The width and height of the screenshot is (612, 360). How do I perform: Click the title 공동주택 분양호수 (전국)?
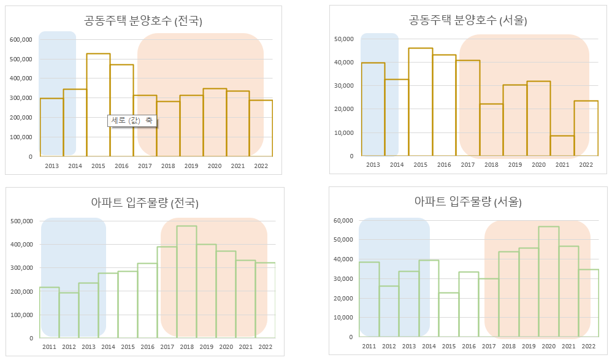point(143,21)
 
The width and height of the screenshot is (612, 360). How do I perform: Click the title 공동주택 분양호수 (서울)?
point(468,20)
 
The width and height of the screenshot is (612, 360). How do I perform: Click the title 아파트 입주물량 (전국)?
point(144,203)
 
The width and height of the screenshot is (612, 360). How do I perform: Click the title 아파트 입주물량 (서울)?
point(468,202)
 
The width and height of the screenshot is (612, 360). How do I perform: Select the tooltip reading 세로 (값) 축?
point(132,121)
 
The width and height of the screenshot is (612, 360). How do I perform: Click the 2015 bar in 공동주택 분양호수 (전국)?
point(98,104)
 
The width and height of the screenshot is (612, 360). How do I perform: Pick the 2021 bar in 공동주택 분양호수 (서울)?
point(562,146)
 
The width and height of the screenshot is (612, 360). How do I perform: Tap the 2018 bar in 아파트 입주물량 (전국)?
point(186,281)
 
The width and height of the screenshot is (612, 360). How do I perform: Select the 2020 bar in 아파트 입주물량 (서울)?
point(548,281)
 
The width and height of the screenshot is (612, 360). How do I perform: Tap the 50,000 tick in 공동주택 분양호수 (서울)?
point(343,39)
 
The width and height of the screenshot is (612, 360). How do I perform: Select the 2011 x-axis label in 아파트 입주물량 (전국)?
point(49,347)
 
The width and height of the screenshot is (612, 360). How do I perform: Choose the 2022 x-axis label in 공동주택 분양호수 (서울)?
point(586,165)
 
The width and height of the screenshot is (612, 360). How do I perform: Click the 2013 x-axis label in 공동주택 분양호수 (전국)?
point(52,166)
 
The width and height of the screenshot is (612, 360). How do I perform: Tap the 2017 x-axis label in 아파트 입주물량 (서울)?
point(489,347)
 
